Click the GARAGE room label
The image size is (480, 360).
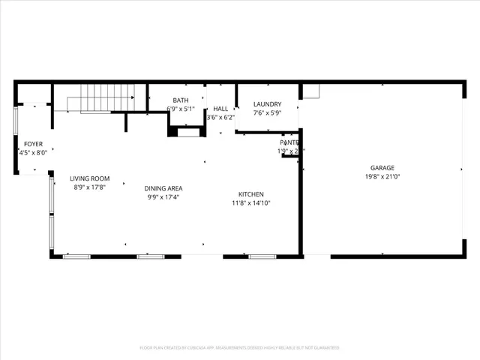click(382, 168)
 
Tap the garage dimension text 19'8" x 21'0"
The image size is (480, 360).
click(382, 177)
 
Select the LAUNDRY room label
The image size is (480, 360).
click(267, 104)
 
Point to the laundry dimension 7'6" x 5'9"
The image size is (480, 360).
click(267, 113)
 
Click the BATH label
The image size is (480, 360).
click(181, 100)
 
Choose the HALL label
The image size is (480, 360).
click(220, 109)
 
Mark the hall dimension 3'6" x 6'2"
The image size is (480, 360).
click(220, 117)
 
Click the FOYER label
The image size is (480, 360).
click(33, 143)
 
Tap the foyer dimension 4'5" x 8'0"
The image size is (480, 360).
click(33, 152)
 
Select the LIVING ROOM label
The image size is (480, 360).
click(90, 178)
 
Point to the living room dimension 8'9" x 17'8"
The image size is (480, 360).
click(90, 187)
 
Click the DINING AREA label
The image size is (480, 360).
click(164, 188)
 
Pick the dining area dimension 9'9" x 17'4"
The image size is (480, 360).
click(164, 197)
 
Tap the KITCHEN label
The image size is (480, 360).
click(250, 194)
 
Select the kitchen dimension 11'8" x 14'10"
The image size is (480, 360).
click(250, 203)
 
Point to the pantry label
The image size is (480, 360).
click(289, 142)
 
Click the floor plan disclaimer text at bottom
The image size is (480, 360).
click(239, 348)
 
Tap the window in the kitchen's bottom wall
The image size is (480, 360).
click(262, 256)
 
